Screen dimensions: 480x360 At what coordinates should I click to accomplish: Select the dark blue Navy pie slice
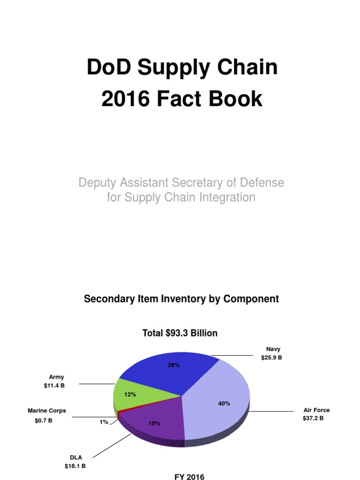tap(164, 375)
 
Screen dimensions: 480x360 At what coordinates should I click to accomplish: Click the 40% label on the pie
tap(224, 403)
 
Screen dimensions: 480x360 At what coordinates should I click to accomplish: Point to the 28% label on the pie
tap(173, 365)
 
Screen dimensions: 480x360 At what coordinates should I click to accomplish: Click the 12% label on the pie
tap(130, 395)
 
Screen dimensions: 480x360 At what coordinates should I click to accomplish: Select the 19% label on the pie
tap(155, 423)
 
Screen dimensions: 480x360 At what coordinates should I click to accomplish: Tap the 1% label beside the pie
tap(104, 422)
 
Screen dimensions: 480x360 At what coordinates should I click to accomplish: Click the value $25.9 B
tap(272, 358)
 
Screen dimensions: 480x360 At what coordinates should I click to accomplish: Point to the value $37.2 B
tap(313, 418)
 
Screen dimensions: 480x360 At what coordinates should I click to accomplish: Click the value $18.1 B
tap(75, 466)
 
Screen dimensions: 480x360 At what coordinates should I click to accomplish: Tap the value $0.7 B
tap(44, 420)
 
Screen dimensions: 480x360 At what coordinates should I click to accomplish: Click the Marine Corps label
tap(47, 411)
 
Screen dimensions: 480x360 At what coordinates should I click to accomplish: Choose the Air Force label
tap(316, 410)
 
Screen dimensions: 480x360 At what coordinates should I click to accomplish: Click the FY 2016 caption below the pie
tap(189, 477)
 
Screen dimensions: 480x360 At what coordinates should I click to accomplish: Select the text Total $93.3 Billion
tap(180, 333)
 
